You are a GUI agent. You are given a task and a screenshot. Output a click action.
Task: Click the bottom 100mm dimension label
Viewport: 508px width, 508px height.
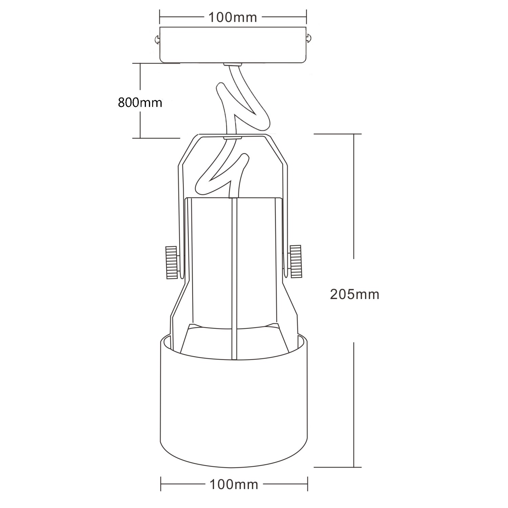[x=234, y=485]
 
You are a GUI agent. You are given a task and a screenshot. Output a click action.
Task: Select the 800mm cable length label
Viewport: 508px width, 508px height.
[x=140, y=102]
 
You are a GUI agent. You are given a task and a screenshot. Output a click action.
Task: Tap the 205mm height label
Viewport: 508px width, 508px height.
[x=355, y=294]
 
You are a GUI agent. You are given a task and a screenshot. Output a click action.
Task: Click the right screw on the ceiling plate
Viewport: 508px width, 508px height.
[x=310, y=38]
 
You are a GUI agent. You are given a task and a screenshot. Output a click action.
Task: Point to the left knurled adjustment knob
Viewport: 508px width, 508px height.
[x=172, y=263]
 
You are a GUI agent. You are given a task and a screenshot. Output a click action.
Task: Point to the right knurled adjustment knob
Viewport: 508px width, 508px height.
[x=295, y=261]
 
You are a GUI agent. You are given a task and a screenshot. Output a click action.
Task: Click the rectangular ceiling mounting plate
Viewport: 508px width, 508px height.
[x=233, y=45]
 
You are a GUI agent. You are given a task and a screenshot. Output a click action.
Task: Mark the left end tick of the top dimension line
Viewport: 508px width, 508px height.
[x=160, y=16]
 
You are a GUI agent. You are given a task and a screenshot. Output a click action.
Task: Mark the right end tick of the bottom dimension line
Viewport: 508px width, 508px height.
[x=308, y=484]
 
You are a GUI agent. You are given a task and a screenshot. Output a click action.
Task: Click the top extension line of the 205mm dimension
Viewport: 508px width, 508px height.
[x=338, y=134]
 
